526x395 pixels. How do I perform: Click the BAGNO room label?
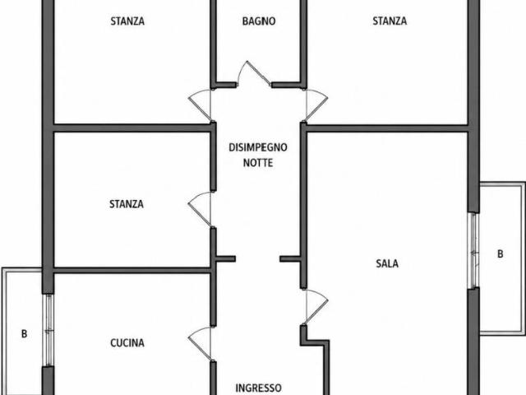(259, 21)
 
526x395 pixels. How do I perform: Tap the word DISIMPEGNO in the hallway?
(258, 147)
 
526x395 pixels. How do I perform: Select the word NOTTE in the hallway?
(258, 163)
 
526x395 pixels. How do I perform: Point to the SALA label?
(387, 263)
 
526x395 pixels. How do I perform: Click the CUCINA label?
(127, 343)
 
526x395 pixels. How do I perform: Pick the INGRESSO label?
(258, 388)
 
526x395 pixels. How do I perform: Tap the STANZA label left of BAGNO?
(127, 21)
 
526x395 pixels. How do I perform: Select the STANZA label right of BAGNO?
(390, 21)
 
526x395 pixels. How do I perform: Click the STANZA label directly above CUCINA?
(127, 204)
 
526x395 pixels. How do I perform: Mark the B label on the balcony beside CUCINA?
(24, 334)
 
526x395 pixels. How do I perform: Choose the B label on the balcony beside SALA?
(501, 254)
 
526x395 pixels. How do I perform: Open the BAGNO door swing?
(254, 74)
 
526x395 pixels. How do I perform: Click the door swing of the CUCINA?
(201, 343)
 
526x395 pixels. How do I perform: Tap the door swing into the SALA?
(316, 307)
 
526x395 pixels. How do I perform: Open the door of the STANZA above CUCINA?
(201, 209)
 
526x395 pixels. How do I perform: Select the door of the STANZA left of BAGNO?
(201, 105)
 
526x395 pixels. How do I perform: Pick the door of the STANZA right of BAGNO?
(316, 105)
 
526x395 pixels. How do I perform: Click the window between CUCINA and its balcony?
(49, 331)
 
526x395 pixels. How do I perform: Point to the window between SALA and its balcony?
(473, 250)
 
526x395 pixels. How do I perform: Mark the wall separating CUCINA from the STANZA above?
(131, 271)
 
